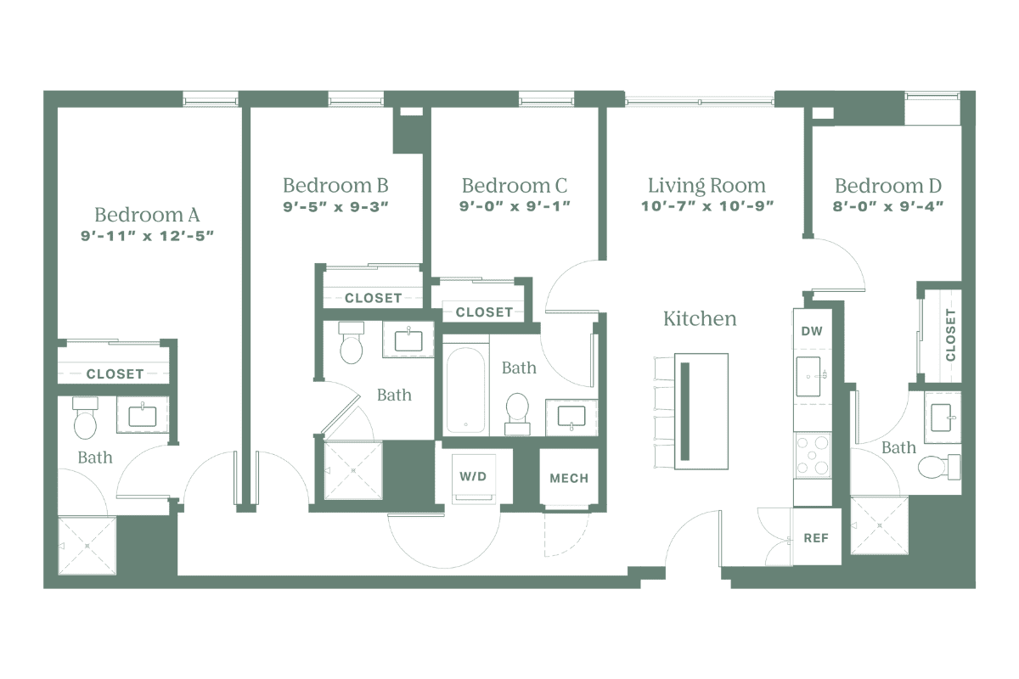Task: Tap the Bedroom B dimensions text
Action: tap(336, 205)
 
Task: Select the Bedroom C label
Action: tap(515, 185)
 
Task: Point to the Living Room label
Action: tap(707, 185)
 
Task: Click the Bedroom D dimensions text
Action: tap(888, 205)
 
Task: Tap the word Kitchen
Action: tap(700, 320)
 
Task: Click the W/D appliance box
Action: tap(474, 479)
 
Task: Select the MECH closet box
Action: tap(569, 479)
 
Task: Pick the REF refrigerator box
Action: tap(815, 537)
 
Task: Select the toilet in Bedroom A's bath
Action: tap(86, 419)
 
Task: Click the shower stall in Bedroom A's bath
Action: tap(86, 546)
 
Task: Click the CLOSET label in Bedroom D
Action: tap(949, 335)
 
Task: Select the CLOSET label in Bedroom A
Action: tap(115, 373)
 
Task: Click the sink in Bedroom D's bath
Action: tap(943, 417)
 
